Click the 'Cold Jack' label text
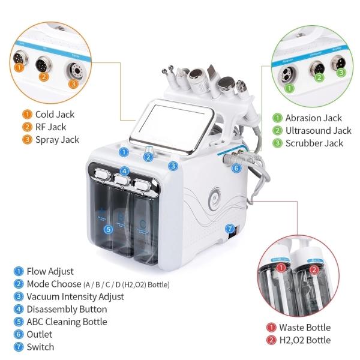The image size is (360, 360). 54,113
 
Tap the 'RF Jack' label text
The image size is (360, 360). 50,127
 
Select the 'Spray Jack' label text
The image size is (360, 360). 56,140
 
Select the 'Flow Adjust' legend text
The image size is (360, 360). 53,271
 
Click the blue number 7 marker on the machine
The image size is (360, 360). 229,228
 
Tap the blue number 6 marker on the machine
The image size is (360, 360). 236,169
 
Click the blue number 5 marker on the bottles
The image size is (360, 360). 108,229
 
